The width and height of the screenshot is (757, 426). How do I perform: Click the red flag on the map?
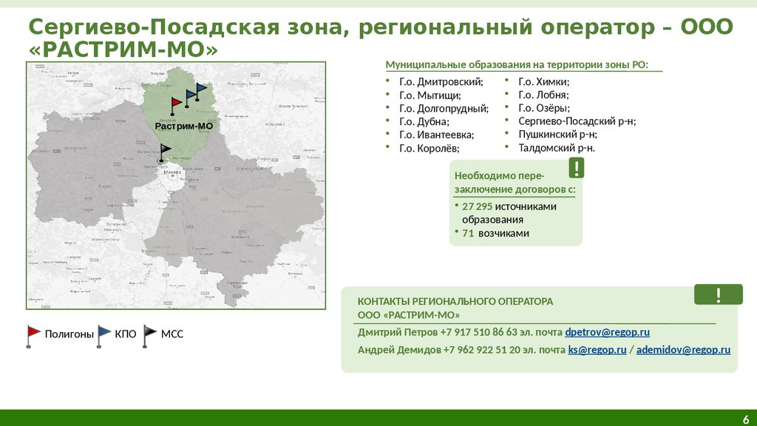click(176, 104)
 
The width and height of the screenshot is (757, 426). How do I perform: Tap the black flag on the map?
click(166, 151)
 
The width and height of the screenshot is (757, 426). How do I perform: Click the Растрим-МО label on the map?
click(183, 126)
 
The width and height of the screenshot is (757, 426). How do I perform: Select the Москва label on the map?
click(172, 171)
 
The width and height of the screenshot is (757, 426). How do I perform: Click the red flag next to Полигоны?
click(34, 334)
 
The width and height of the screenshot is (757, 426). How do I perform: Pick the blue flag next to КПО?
click(103, 334)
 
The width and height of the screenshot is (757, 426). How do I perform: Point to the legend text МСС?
click(172, 334)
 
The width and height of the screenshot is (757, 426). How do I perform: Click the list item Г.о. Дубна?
click(424, 121)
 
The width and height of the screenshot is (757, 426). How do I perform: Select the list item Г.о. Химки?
click(543, 82)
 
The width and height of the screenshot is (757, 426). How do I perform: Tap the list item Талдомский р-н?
click(556, 148)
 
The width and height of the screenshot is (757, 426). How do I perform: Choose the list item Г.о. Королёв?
click(429, 148)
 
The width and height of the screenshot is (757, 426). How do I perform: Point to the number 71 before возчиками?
click(467, 233)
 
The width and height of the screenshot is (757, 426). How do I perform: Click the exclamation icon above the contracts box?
click(577, 168)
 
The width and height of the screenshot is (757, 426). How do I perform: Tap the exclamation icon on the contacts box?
click(718, 295)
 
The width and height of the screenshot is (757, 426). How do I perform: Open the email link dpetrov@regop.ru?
click(607, 332)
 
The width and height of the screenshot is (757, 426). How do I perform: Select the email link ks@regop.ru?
click(597, 349)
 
